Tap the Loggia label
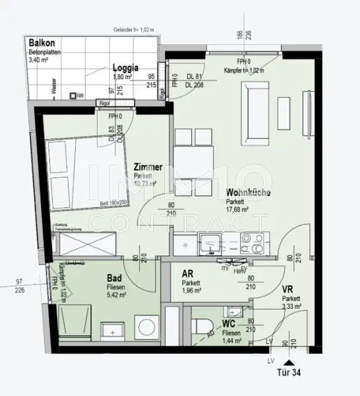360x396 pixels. (x=125, y=67)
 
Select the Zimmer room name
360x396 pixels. (x=148, y=168)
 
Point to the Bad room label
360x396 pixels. (x=114, y=279)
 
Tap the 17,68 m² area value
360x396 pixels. (x=237, y=209)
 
